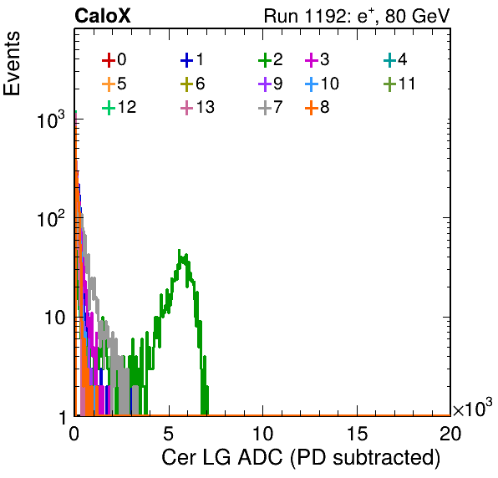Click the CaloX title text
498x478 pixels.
[102, 16]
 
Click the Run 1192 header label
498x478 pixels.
[357, 16]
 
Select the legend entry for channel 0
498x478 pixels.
[114, 59]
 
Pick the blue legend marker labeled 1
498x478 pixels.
[192, 59]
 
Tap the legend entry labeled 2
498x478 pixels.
[271, 59]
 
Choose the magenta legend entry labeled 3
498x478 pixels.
[318, 59]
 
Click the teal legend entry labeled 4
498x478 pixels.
[395, 59]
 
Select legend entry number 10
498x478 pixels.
[322, 84]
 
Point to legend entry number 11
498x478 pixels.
[399, 84]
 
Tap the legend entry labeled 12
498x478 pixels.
[119, 107]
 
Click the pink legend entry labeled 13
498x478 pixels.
[197, 107]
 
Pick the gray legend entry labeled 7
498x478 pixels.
[271, 107]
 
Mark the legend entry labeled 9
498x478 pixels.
[271, 84]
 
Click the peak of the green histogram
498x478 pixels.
[179, 250]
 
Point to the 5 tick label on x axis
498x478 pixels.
[168, 434]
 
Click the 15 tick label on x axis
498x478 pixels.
[358, 434]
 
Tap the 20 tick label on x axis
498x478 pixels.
[450, 434]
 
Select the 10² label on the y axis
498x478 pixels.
[51, 218]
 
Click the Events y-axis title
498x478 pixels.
[12, 64]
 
